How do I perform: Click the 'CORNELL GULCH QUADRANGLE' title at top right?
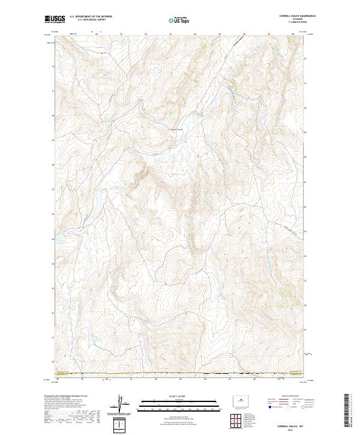tap(287, 17)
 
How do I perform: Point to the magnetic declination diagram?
tap(121, 404)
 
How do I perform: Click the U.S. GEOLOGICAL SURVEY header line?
tap(85, 20)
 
